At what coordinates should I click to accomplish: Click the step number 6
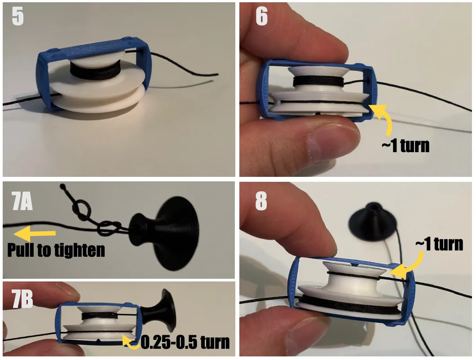click(x=261, y=17)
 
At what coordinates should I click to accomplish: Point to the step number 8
click(x=261, y=202)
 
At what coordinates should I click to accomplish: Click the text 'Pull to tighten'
click(x=56, y=250)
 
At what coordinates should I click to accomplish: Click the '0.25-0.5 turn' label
click(x=185, y=342)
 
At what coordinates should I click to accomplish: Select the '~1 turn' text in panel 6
click(x=405, y=146)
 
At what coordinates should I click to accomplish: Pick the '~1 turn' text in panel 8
click(x=439, y=244)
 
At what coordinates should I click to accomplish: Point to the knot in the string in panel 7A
click(x=81, y=209)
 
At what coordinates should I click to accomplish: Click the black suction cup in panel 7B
click(x=159, y=310)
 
